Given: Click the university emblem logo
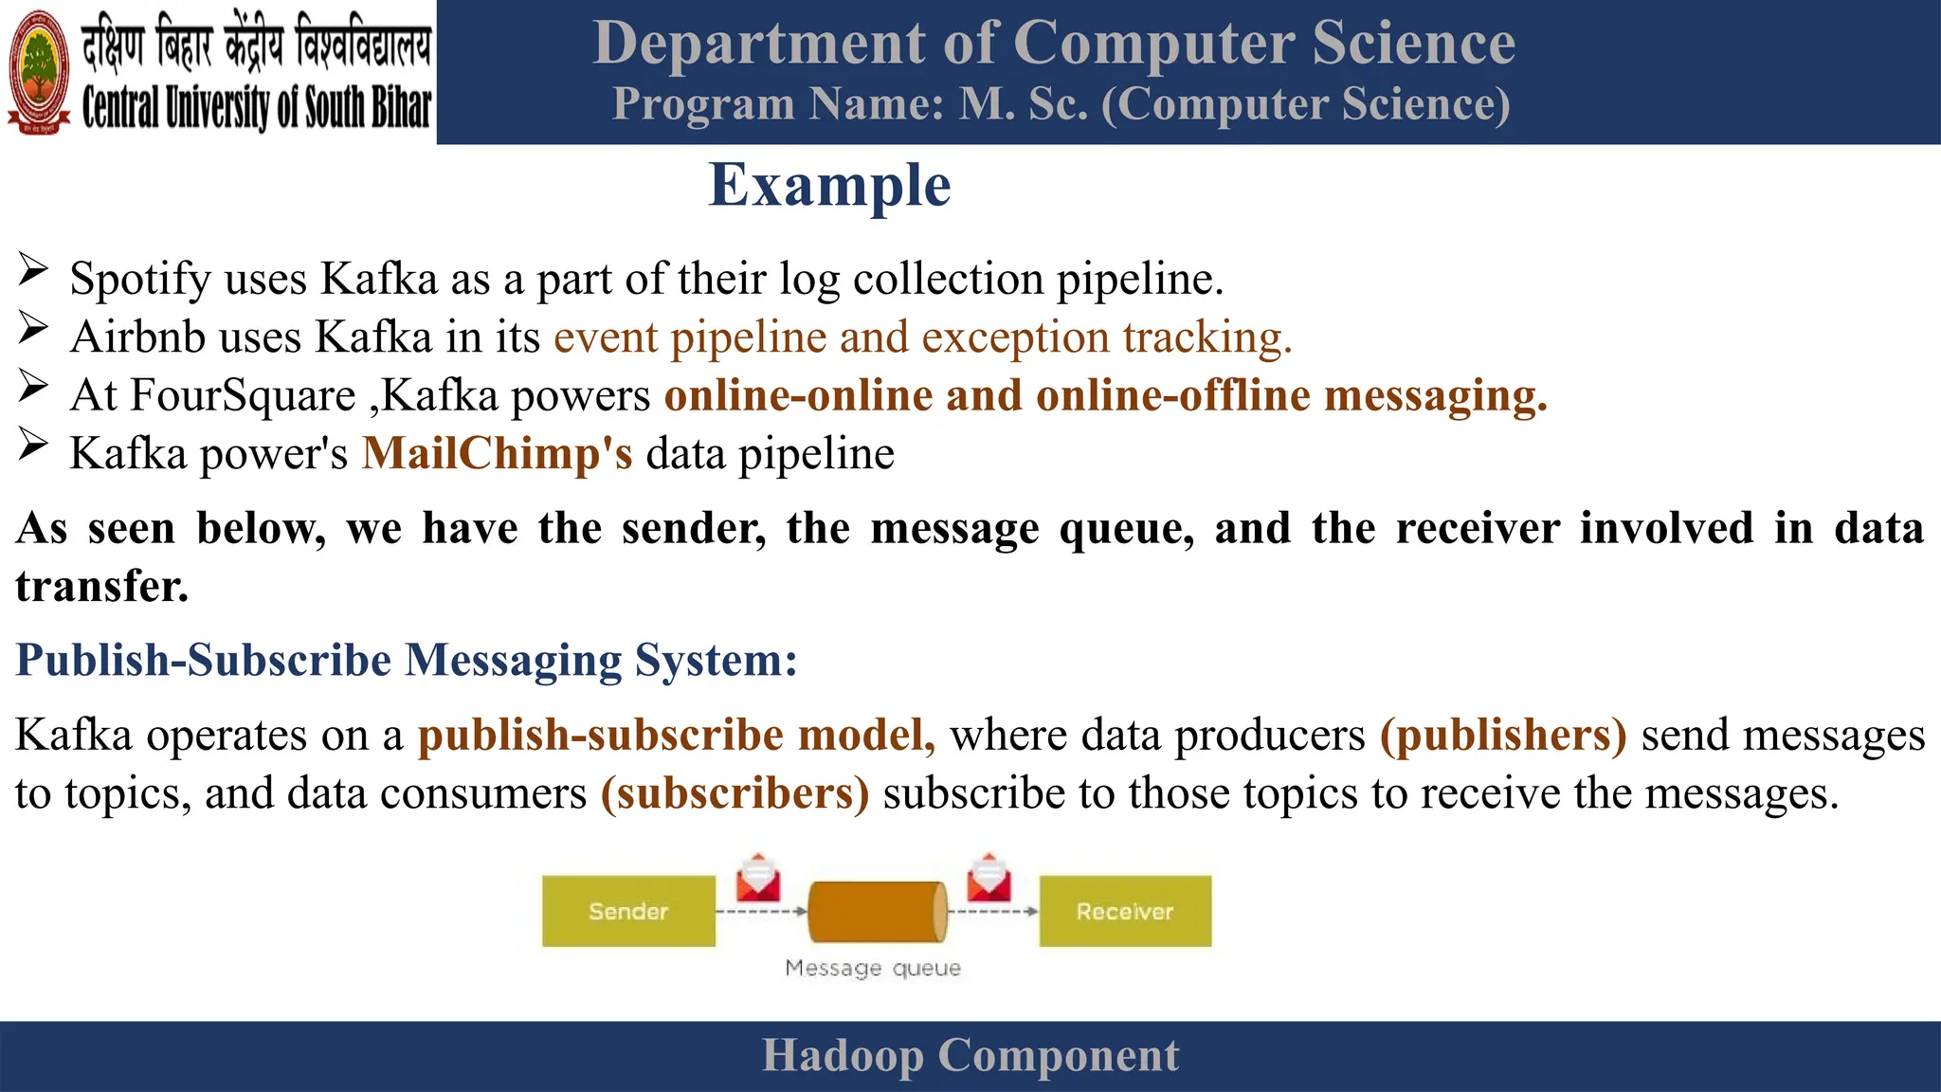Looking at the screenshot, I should pos(39,72).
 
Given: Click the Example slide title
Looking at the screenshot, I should pos(829,185).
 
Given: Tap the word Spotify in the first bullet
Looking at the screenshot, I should pos(140,279).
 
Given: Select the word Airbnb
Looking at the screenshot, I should pos(137,337).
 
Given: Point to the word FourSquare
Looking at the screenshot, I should pos(242,395).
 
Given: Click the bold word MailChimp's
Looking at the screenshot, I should pos(497,453).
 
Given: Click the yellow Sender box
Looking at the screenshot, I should pos(628,911).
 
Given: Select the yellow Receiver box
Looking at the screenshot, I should pos(1125,911).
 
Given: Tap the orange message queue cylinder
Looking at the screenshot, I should pos(877,912).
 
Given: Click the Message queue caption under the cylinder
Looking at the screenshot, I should pos(873,968).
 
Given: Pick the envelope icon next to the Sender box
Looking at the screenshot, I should pos(758,878).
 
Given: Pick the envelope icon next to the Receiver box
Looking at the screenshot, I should pos(989,878).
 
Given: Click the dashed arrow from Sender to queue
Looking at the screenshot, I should pos(760,912).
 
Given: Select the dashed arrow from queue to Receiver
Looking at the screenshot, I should pos(992,912).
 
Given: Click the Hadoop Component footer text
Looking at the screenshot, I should pos(970,1055).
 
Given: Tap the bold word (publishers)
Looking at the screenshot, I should pos(1503,735).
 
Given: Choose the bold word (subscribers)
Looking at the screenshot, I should pos(735,793).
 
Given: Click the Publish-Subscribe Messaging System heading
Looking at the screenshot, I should pos(407,660).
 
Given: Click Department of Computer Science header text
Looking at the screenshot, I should pos(1054,44).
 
